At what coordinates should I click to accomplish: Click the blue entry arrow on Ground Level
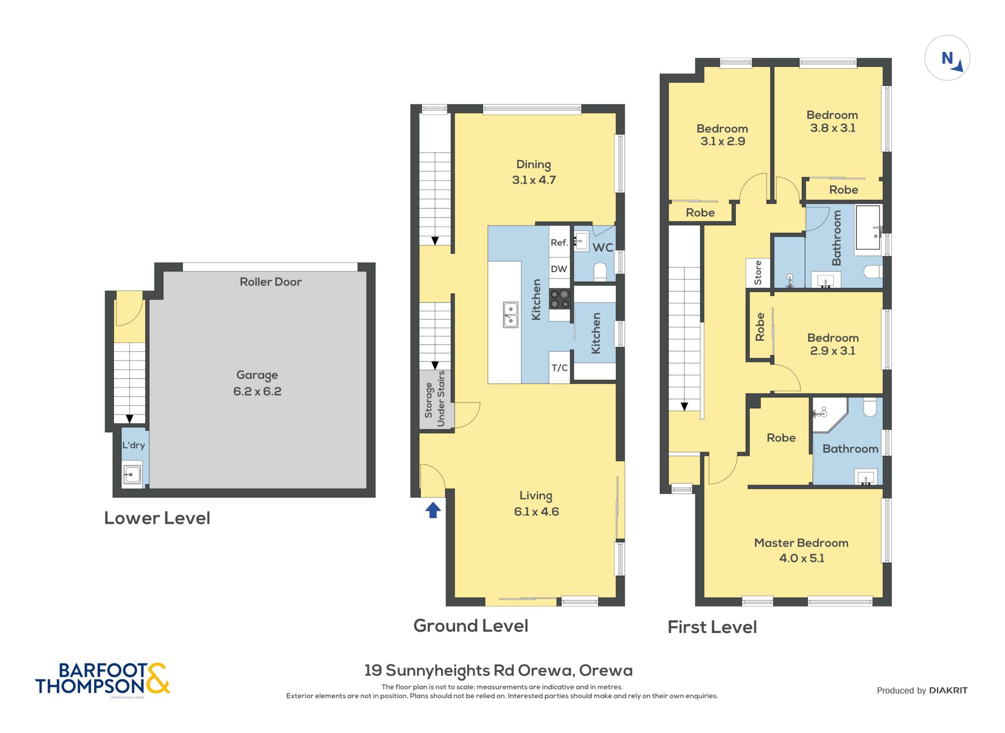(433, 510)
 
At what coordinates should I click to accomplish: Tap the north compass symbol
(947, 58)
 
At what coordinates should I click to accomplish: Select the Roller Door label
(270, 282)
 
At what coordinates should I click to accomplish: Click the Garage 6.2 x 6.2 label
(257, 383)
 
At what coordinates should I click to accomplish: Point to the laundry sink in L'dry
(132, 474)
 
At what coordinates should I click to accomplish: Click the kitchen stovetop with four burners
(559, 299)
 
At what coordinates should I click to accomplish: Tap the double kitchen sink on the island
(510, 314)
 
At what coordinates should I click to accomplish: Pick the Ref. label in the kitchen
(559, 242)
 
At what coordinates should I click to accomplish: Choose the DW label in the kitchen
(559, 269)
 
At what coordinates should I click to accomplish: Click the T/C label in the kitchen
(559, 367)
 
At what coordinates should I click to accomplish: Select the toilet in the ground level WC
(600, 272)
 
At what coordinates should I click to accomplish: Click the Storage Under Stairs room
(435, 398)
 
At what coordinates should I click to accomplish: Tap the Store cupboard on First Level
(758, 272)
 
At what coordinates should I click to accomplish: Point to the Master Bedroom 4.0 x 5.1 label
(801, 550)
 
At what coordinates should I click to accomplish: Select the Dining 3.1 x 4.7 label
(534, 172)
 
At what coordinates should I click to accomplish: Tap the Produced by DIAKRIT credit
(922, 690)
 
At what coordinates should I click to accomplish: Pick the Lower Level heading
(157, 518)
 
